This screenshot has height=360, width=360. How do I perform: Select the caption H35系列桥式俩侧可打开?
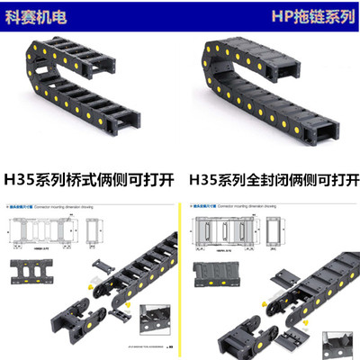pos(89,179)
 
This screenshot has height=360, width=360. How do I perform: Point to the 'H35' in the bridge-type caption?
pos(19,179)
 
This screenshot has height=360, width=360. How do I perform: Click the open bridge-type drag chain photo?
pos(81,90)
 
